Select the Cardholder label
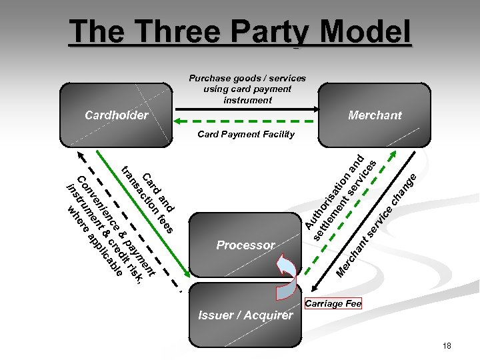(117, 115)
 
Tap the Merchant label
(375, 115)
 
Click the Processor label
(245, 245)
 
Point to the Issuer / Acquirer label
(245, 315)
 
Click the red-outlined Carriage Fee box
(333, 304)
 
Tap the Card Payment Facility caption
(246, 134)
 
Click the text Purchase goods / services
(247, 78)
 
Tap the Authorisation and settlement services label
(340, 196)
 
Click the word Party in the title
(270, 31)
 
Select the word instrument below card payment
(247, 100)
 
